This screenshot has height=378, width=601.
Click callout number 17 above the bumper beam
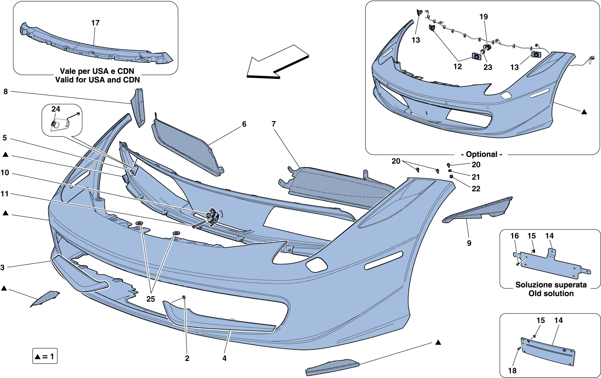[x=95, y=23]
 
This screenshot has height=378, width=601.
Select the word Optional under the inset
[x=484, y=154]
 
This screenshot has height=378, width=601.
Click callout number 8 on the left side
[x=6, y=92]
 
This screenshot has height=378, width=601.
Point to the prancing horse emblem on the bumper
[x=213, y=216]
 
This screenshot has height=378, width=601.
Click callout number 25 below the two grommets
[x=151, y=299]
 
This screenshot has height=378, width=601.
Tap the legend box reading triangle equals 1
[x=45, y=356]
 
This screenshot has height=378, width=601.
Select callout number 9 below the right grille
[x=469, y=243]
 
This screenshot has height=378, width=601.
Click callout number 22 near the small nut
[x=476, y=189]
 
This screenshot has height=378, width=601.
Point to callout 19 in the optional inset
[x=484, y=17]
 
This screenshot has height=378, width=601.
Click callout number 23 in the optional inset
[x=487, y=67]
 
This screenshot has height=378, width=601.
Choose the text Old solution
[x=551, y=293]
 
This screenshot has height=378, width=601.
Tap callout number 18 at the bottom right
[x=512, y=371]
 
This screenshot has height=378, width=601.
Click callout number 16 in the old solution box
[x=514, y=236]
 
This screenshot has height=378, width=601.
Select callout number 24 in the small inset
[x=56, y=109]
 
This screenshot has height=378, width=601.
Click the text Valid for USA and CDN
[x=97, y=80]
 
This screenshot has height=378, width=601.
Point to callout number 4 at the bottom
[x=224, y=358]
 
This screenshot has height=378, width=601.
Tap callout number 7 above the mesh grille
[x=274, y=124]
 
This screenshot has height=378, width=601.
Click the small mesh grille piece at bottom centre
[x=332, y=367]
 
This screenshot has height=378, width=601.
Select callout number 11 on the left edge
[x=5, y=194]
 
